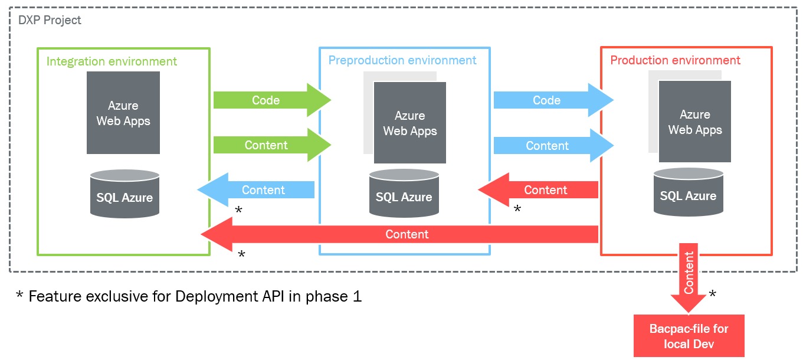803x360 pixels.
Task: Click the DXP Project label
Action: click(50, 21)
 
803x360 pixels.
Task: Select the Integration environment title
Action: click(112, 61)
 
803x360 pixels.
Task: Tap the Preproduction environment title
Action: click(402, 60)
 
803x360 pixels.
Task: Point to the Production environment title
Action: click(675, 60)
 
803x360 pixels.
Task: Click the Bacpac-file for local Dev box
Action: click(689, 336)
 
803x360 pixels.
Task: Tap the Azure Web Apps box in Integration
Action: click(123, 113)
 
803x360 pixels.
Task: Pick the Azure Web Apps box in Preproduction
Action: click(409, 123)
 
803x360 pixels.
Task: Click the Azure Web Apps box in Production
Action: click(695, 122)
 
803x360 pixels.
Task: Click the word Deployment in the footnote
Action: click(212, 296)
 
